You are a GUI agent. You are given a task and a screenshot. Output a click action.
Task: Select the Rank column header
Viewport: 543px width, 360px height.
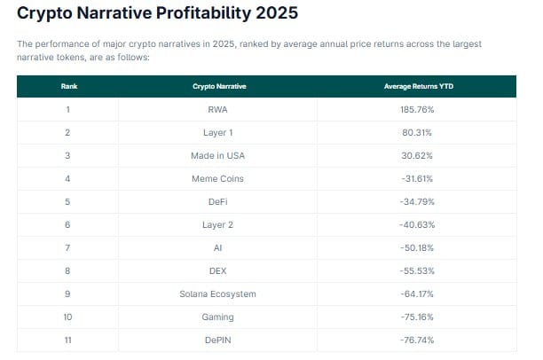pyautogui.click(x=68, y=86)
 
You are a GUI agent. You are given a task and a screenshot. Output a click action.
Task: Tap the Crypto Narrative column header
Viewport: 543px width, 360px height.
pyautogui.click(x=219, y=86)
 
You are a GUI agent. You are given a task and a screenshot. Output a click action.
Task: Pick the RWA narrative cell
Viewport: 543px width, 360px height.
pyautogui.click(x=219, y=109)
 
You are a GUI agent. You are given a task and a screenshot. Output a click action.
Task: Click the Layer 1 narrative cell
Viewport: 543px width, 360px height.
pyautogui.click(x=219, y=133)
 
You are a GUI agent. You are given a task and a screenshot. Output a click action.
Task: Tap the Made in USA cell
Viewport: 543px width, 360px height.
pyautogui.click(x=219, y=156)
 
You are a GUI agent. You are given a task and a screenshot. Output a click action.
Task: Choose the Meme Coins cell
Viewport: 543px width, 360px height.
pyautogui.click(x=219, y=179)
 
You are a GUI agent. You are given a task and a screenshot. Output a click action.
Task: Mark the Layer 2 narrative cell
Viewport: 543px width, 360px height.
pyautogui.click(x=219, y=225)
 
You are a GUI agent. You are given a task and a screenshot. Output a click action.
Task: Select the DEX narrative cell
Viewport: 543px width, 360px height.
pyautogui.click(x=219, y=271)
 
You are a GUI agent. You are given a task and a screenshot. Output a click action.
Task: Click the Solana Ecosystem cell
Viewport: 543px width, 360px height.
pyautogui.click(x=219, y=294)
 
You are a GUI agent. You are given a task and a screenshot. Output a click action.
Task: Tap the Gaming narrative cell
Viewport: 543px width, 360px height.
pyautogui.click(x=219, y=317)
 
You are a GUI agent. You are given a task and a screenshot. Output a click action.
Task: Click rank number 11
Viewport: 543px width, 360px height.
pyautogui.click(x=68, y=340)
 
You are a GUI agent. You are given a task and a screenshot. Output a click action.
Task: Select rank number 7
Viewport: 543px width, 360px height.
pyautogui.click(x=68, y=248)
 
